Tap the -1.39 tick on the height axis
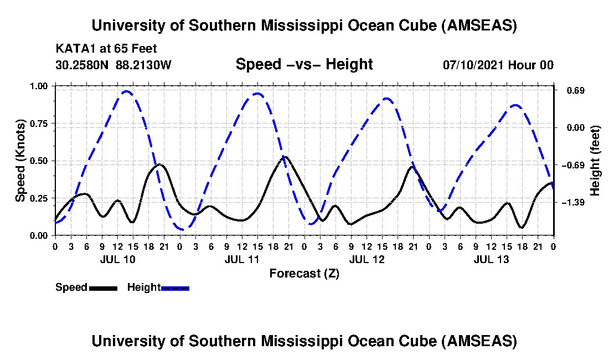click(x=573, y=202)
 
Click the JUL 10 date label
click(x=117, y=259)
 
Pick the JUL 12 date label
click(x=367, y=259)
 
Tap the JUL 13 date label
click(x=491, y=259)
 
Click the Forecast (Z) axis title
click(x=304, y=273)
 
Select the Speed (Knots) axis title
click(x=21, y=161)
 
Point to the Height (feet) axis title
click(x=595, y=161)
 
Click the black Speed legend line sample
click(x=103, y=288)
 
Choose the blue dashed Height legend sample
click(x=175, y=288)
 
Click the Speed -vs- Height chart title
click(x=304, y=64)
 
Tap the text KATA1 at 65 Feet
click(x=99, y=49)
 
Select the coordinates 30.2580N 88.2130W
click(x=113, y=65)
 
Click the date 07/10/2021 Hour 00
click(x=498, y=65)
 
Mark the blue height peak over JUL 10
click(x=126, y=91)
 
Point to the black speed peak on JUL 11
click(x=285, y=157)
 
